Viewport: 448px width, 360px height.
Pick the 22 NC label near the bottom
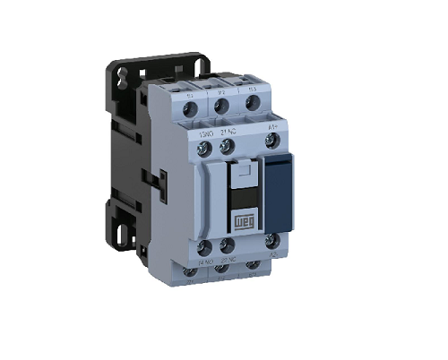228,261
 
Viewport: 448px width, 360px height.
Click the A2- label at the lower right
275,261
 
